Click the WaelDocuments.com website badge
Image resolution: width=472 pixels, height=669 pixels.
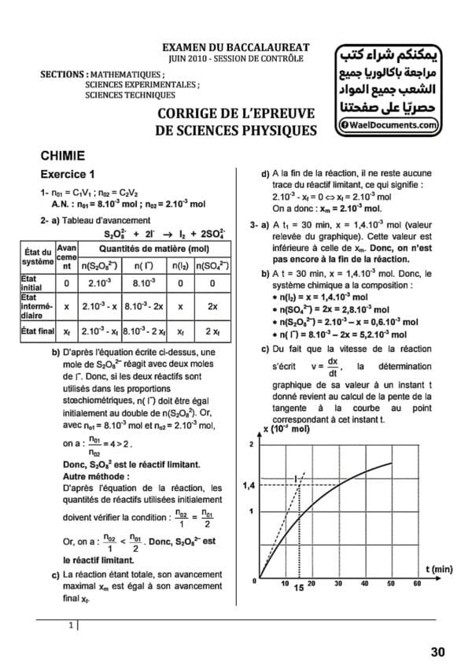[x=389, y=124]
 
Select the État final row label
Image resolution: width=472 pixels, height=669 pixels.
[x=35, y=331]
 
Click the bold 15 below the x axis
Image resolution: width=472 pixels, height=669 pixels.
[x=298, y=588]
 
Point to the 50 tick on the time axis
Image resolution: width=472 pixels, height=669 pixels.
[x=391, y=583]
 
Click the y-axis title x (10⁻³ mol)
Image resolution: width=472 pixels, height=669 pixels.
[x=286, y=430]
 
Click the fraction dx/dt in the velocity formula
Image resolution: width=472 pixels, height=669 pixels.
[x=332, y=368]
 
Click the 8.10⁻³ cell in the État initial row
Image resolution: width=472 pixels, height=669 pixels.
[x=144, y=283]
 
